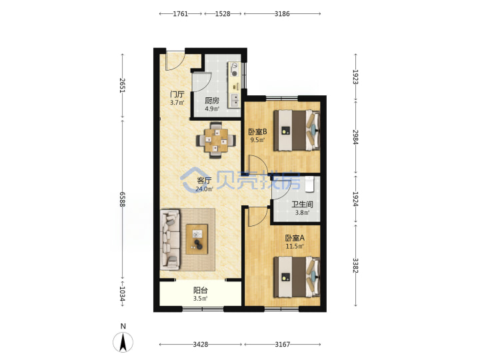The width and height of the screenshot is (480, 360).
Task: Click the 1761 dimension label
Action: click(x=180, y=14)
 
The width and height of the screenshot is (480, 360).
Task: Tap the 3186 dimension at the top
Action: click(x=282, y=14)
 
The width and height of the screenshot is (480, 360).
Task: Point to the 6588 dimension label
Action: click(x=123, y=199)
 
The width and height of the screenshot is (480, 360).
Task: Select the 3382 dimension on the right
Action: click(x=355, y=265)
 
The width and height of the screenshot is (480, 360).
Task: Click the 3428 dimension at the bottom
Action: click(x=201, y=345)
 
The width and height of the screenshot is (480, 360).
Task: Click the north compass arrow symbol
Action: click(x=123, y=342)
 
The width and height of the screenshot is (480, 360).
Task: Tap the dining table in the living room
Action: click(x=217, y=140)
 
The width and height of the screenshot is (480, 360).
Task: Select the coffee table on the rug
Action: click(x=197, y=239)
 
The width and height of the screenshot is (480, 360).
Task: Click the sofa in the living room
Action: click(x=170, y=240)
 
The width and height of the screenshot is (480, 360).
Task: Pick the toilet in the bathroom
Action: click(x=310, y=184)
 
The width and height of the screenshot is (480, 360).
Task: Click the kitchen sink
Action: click(x=235, y=101)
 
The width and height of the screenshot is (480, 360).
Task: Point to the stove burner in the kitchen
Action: click(x=235, y=73)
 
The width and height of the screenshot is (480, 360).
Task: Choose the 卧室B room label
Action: click(x=257, y=131)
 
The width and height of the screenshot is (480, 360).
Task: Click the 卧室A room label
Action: click(x=295, y=238)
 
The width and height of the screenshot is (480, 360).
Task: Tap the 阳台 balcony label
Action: click(x=201, y=290)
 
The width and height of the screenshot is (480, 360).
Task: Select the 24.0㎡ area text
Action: click(x=204, y=189)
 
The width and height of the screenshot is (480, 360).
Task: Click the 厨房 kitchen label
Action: click(x=212, y=101)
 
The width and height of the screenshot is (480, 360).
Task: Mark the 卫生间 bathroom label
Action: click(x=302, y=205)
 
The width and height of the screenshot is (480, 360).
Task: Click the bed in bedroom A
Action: click(x=297, y=277)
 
